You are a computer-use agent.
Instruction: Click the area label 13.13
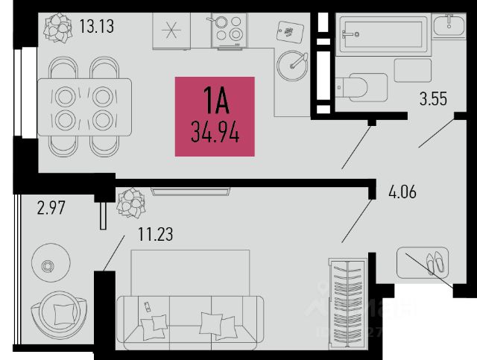(x=96, y=27)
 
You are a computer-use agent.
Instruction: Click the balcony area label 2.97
(x=53, y=208)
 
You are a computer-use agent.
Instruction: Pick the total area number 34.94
(x=215, y=135)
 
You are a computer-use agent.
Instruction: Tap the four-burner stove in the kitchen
(x=228, y=29)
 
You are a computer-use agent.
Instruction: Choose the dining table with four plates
(x=85, y=106)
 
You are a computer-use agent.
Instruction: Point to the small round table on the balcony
(x=51, y=264)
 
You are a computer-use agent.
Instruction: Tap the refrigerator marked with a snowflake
(x=173, y=31)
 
